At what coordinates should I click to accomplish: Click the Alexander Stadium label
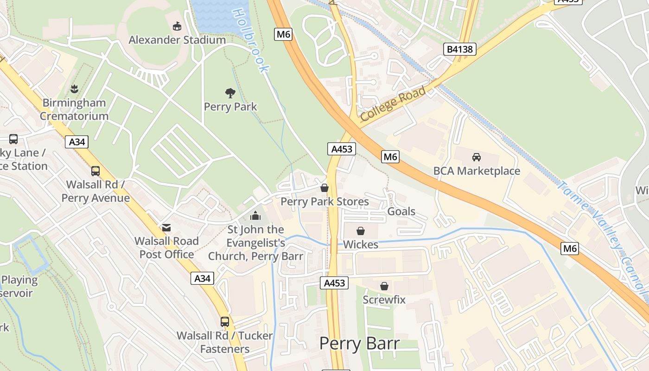click(x=177, y=40)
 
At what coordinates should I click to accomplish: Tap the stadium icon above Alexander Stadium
click(x=177, y=26)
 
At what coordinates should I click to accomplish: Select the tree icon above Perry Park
click(x=230, y=93)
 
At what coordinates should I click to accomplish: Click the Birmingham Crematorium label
click(x=74, y=109)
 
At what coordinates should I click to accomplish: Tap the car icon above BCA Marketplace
click(x=477, y=157)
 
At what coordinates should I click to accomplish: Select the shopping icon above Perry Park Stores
click(x=324, y=188)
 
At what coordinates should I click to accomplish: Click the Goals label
click(x=401, y=211)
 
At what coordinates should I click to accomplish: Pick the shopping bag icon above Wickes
click(x=360, y=230)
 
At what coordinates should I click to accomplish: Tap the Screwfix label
click(x=384, y=300)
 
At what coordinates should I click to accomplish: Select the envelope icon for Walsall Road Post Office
click(x=166, y=227)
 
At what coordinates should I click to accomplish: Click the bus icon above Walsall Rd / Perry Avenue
click(x=95, y=171)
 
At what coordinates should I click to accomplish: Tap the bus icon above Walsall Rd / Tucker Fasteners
click(x=225, y=321)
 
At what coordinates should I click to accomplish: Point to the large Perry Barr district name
click(x=359, y=344)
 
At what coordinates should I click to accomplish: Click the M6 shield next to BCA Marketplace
click(x=390, y=157)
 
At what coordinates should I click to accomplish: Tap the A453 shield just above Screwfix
click(x=334, y=283)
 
